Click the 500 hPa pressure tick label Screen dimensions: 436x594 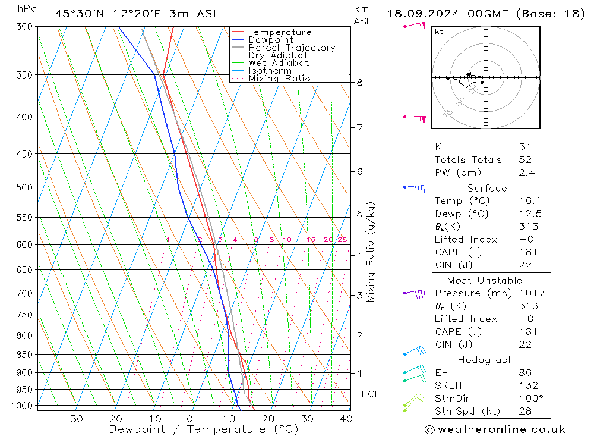pos(26,187)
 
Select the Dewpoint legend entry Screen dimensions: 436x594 pos(270,40)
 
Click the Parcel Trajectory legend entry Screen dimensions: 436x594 pos(292,48)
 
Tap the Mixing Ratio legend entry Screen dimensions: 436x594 pos(279,79)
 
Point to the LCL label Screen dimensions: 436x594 pos(370,394)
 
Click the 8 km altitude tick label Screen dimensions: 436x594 pos(359,83)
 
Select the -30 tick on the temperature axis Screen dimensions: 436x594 pos(72,419)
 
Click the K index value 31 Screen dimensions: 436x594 pos(525,147)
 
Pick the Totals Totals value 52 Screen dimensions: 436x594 pos(525,160)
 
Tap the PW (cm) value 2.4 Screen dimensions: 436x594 pos(526,173)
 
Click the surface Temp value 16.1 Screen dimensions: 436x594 pos(527,201)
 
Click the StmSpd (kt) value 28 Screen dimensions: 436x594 pos(525,411)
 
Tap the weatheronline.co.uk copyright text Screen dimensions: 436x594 pos(494,429)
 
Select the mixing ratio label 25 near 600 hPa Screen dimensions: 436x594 pos(342,240)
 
